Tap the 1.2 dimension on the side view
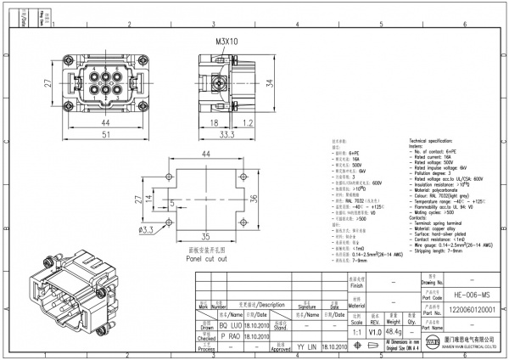249,123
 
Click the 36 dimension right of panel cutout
251,198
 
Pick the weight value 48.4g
394,333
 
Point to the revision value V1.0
375,333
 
